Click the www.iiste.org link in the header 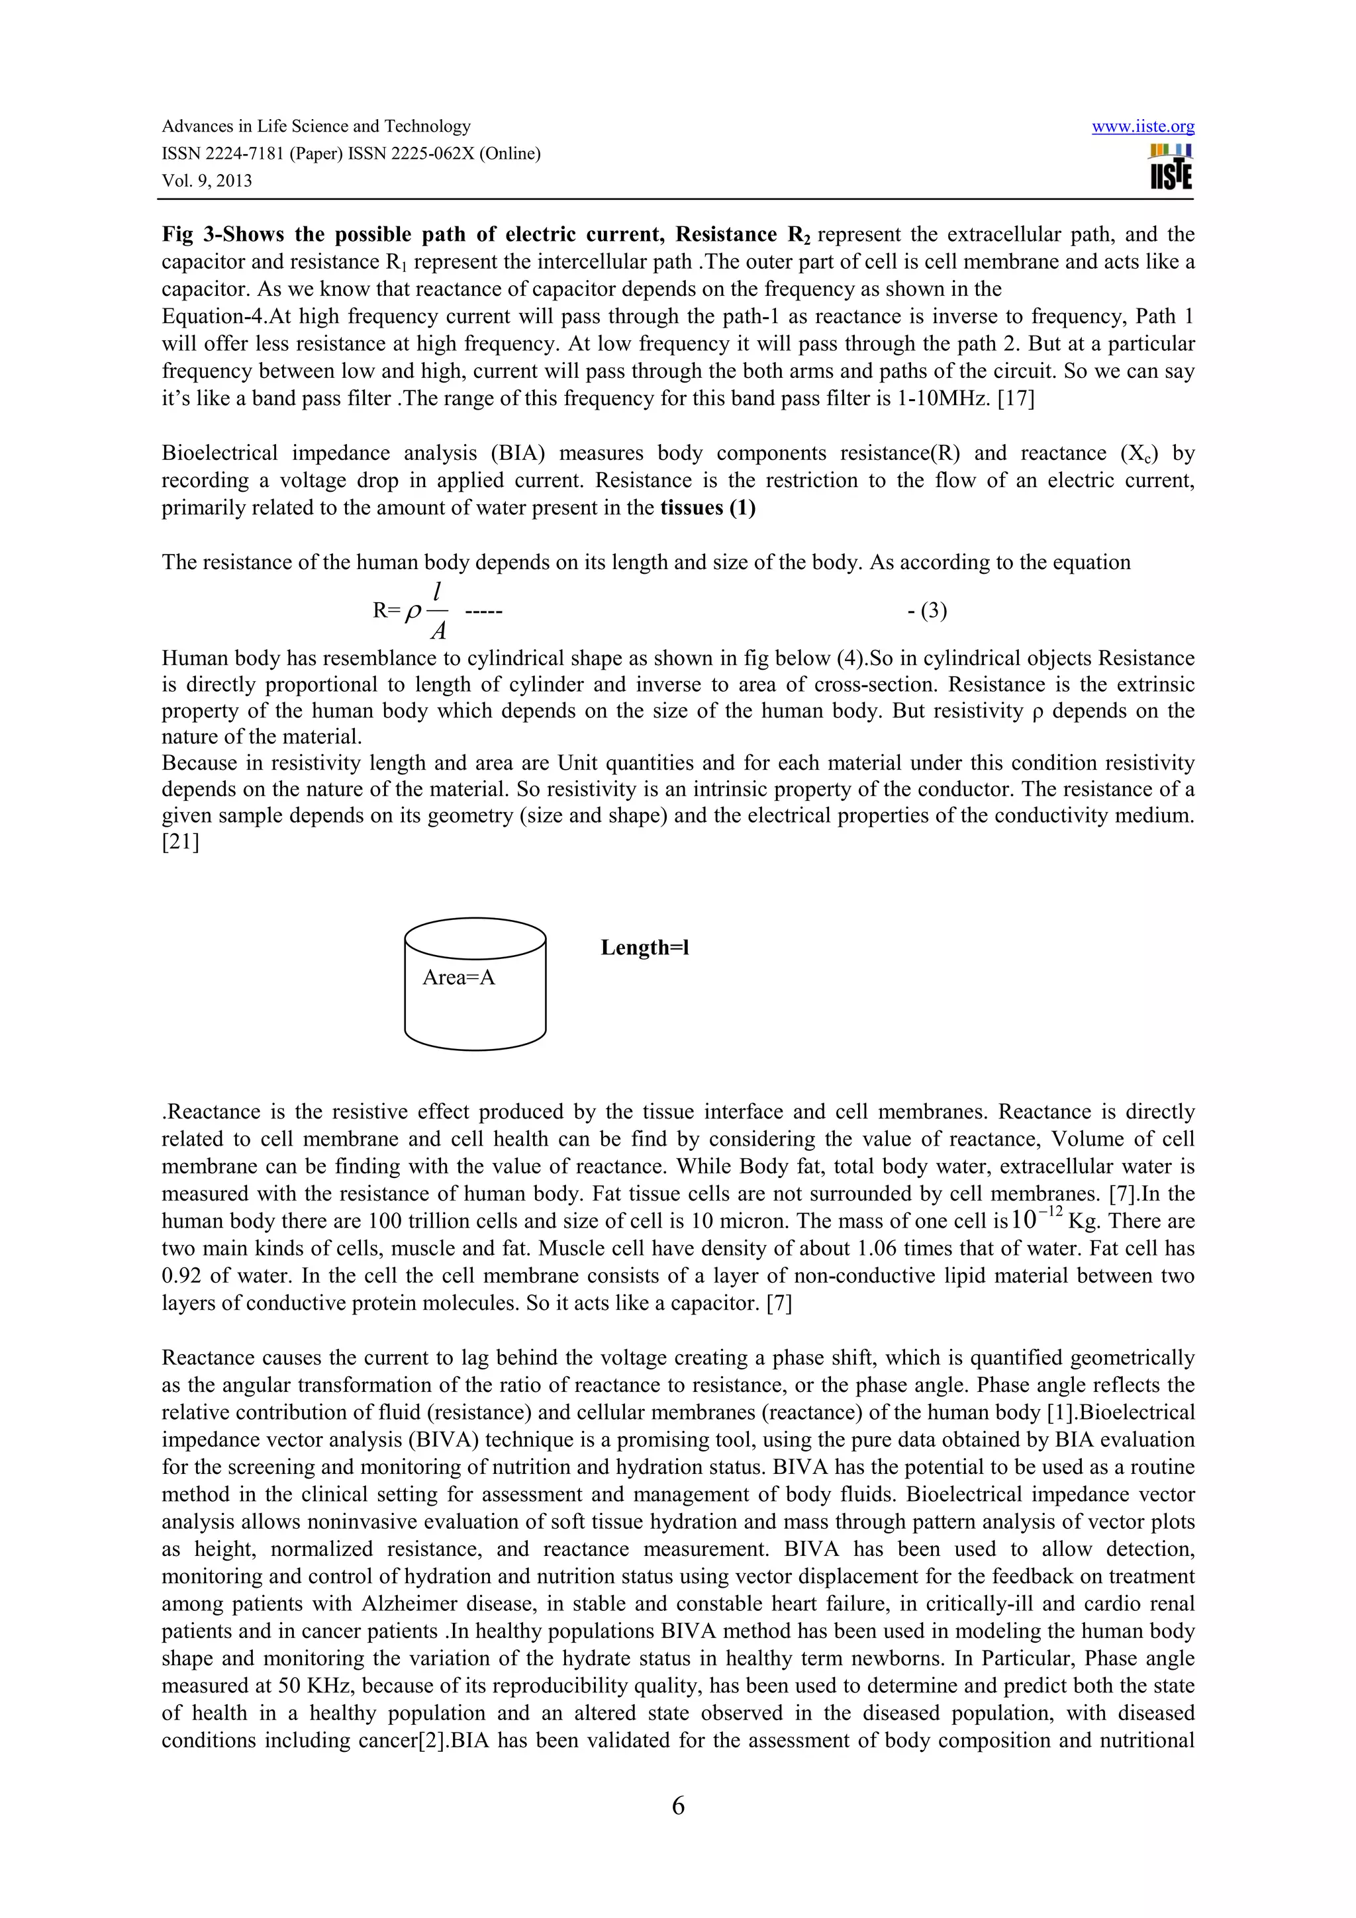(x=1142, y=127)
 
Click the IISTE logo (x=1171, y=167)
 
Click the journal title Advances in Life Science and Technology (x=316, y=126)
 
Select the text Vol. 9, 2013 (x=207, y=181)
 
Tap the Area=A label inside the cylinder (x=459, y=978)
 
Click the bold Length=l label (x=644, y=947)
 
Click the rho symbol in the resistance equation (x=412, y=612)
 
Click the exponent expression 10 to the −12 (x=1036, y=1220)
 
